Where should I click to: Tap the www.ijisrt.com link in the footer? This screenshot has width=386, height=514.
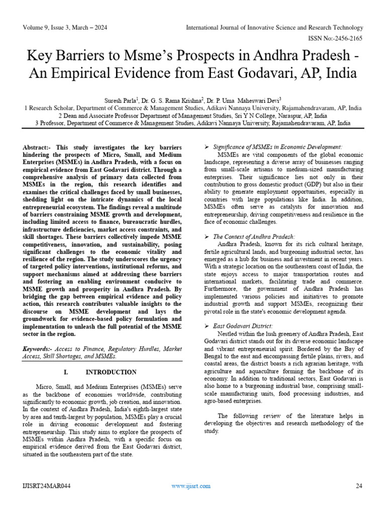[191, 486]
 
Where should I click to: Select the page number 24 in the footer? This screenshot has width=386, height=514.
[359, 486]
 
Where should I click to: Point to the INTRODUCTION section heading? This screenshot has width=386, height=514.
[111, 372]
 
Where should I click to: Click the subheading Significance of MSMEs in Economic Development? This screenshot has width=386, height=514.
[277, 147]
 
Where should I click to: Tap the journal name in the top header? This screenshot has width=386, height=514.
[274, 27]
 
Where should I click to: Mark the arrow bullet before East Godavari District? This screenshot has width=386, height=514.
[207, 325]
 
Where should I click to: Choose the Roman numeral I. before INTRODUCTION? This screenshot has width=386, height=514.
[66, 372]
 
